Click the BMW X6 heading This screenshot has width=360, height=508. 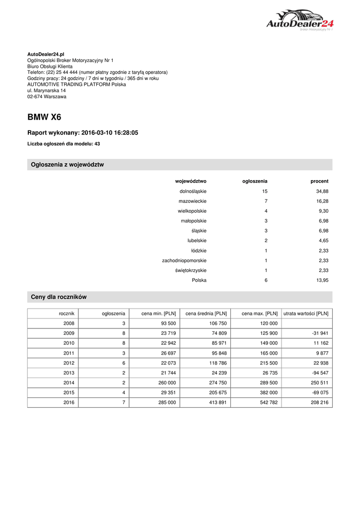pyautogui.click(x=44, y=118)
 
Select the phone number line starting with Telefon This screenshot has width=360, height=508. pyautogui.click(x=97, y=72)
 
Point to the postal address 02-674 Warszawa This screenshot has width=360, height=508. pyautogui.click(x=47, y=97)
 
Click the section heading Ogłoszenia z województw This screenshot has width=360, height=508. pyautogui.click(x=68, y=165)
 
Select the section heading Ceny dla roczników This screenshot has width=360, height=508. pyautogui.click(x=59, y=297)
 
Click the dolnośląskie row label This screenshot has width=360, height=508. pyautogui.click(x=193, y=191)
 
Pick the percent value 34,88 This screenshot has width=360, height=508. pyautogui.click(x=322, y=191)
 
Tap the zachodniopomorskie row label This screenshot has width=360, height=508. pyautogui.click(x=184, y=260)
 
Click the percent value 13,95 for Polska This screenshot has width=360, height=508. pyautogui.click(x=322, y=280)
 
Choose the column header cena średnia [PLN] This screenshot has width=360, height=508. pyautogui.click(x=206, y=314)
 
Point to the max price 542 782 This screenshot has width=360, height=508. pyautogui.click(x=266, y=403)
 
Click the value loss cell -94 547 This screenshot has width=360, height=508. pyautogui.click(x=318, y=373)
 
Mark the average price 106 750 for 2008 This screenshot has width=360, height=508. pyautogui.click(x=216, y=323)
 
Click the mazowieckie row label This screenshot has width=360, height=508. pyautogui.click(x=193, y=201)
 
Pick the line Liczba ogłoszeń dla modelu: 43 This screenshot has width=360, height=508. pyautogui.click(x=64, y=144)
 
